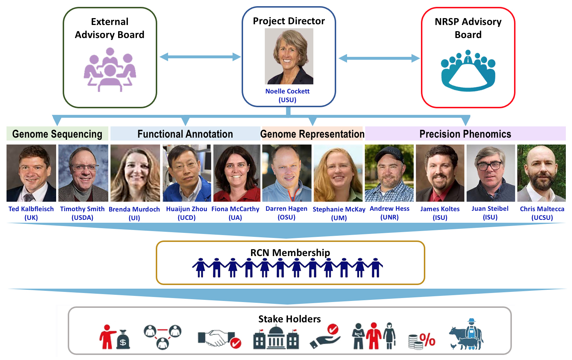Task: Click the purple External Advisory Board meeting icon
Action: point(110,70)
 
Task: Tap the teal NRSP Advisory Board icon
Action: point(468,71)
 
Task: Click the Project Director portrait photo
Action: point(289,56)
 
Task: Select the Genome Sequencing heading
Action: point(57,134)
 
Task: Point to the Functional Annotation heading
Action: point(185,134)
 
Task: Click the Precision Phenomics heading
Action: point(465,134)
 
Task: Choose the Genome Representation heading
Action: point(312,134)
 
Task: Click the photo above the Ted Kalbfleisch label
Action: point(31,173)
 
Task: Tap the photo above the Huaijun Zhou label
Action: point(187,173)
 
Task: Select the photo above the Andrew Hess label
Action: point(389,173)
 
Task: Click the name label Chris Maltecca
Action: point(542,209)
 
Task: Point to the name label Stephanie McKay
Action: point(339,209)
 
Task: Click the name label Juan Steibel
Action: point(490,209)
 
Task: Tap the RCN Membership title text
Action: point(290,252)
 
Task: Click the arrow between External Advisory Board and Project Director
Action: point(200,57)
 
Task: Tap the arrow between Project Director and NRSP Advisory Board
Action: point(379,58)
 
